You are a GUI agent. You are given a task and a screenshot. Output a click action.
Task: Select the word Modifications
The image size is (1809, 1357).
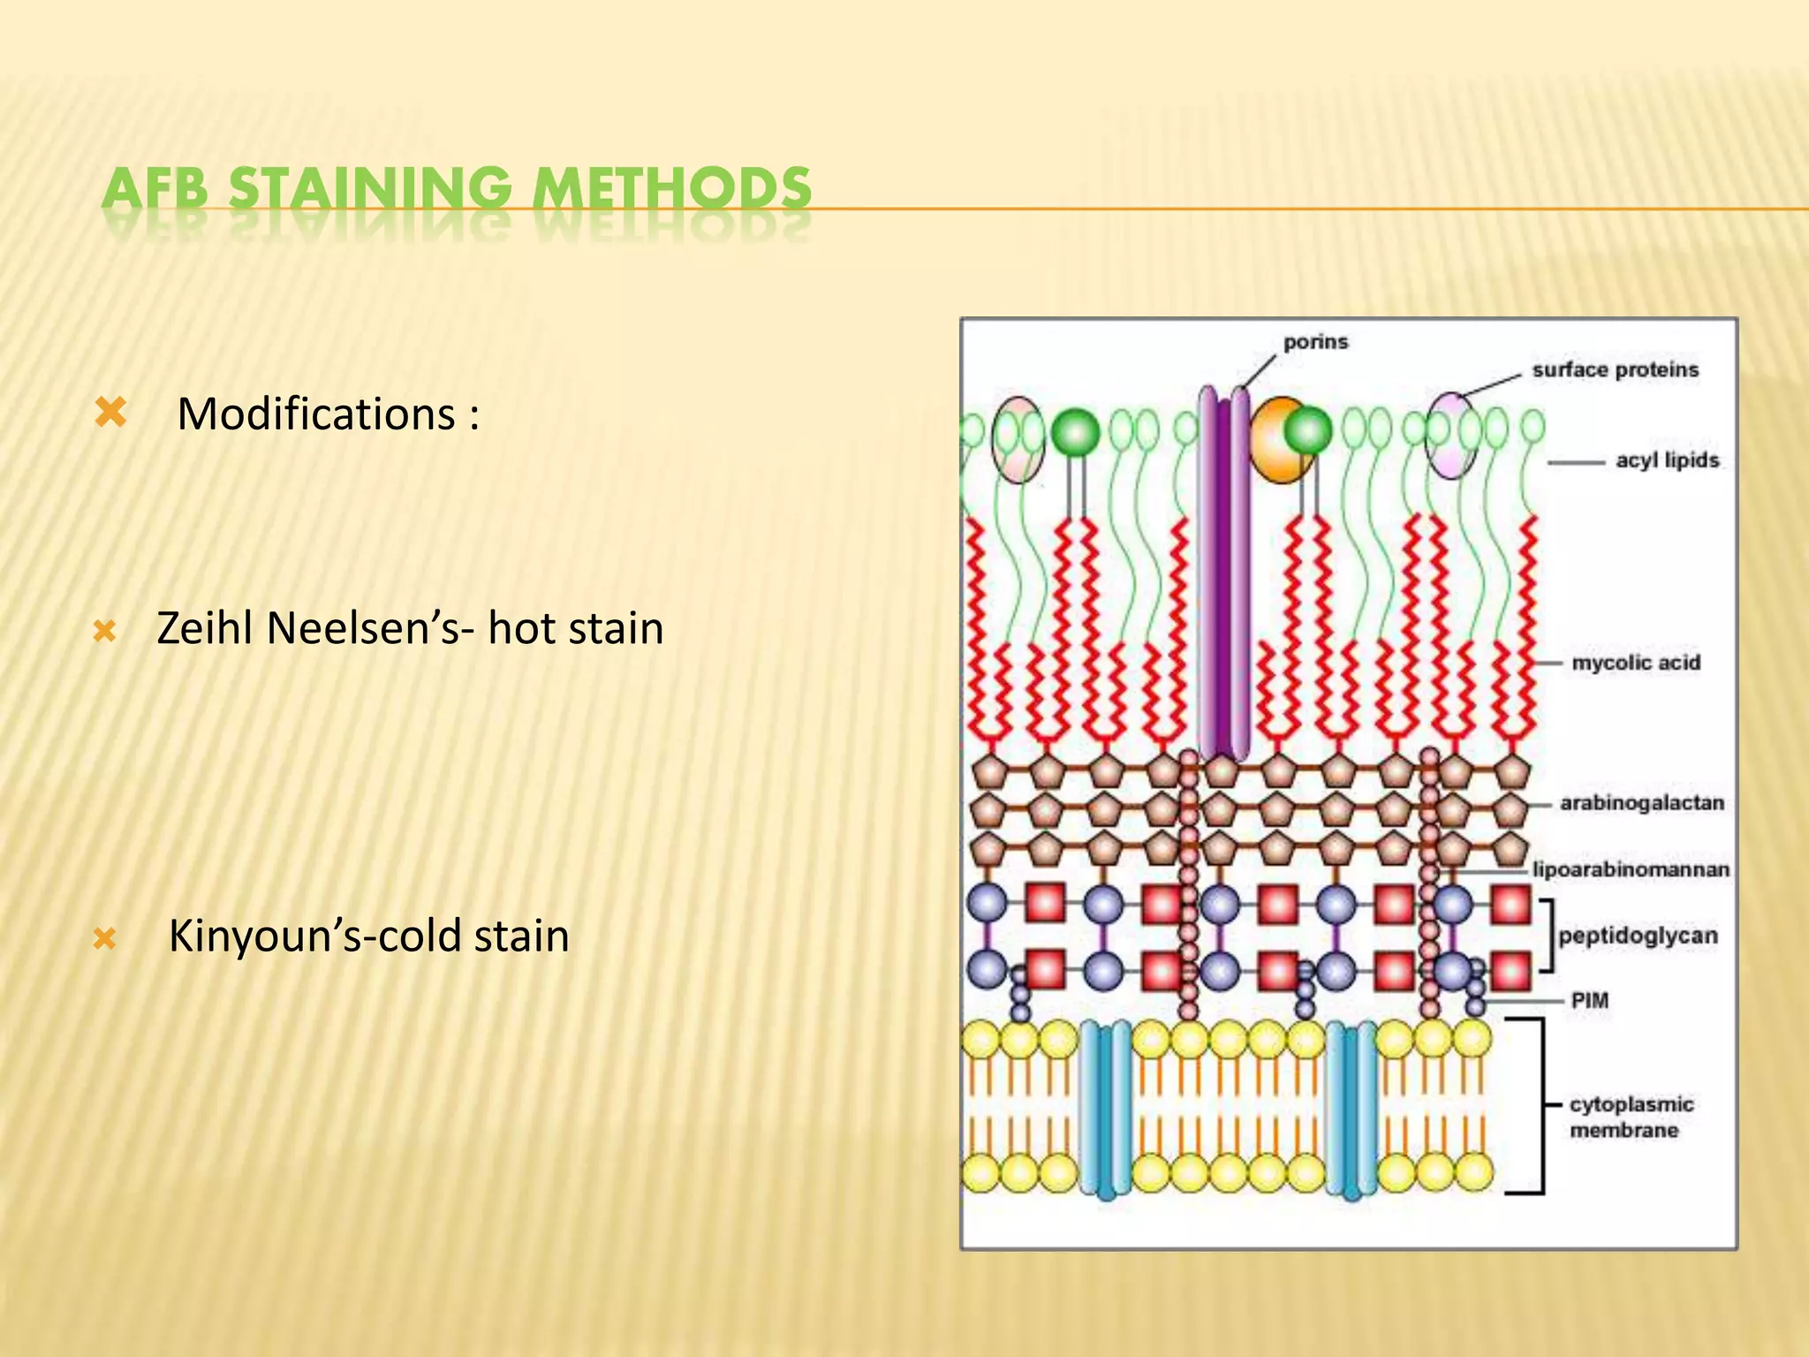pos(315,413)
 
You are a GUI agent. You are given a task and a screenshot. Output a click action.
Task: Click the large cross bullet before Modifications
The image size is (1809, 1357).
pos(111,412)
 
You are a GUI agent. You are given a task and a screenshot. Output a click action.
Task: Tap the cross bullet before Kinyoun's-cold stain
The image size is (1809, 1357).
pos(105,938)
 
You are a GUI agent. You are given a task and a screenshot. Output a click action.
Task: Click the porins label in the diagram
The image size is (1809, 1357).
pos(1315,342)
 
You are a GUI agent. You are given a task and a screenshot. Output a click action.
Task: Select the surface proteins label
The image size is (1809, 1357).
pos(1615,370)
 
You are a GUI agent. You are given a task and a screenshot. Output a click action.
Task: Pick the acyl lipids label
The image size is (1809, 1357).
pos(1667,460)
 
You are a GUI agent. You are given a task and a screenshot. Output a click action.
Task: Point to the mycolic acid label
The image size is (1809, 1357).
pos(1635,663)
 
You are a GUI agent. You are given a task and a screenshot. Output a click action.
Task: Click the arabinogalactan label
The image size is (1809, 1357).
pos(1641,803)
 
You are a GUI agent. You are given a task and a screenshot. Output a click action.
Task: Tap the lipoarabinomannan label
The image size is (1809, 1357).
pos(1631,869)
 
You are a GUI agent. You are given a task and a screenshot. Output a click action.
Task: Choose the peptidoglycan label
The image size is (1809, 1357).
pos(1638,936)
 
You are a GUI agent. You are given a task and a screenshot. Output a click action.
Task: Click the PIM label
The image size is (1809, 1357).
pos(1589,1001)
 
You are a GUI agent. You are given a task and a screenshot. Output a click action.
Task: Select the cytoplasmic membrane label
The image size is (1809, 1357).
pos(1631,1117)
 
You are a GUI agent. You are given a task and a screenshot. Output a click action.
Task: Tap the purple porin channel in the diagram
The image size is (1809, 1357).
pos(1223,574)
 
